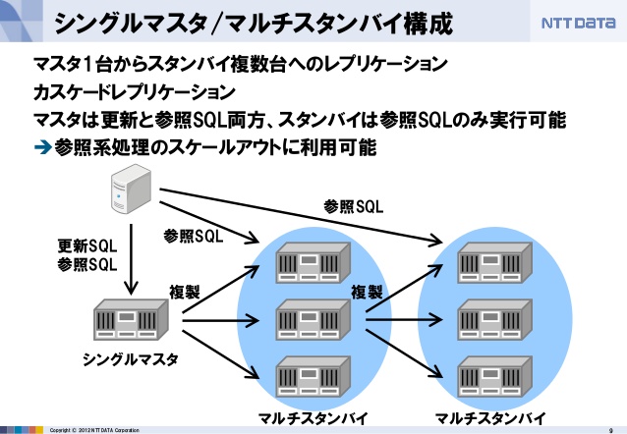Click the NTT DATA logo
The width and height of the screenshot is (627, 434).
[578, 23]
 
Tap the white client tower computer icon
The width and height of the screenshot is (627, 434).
[131, 189]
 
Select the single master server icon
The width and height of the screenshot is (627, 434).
[131, 320]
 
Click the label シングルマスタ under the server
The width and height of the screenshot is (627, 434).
[131, 359]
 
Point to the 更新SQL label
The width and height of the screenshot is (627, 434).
[87, 245]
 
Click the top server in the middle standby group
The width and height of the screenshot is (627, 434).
[313, 263]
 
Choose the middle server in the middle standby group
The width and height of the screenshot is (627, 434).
[313, 320]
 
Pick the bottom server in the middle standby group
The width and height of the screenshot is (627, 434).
[313, 376]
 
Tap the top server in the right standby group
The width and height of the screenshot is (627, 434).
[495, 263]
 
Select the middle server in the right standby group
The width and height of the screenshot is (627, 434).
[495, 320]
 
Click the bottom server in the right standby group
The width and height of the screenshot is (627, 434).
[495, 376]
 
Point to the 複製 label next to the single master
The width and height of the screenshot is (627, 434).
[185, 293]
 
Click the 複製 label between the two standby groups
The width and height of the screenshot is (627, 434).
[367, 293]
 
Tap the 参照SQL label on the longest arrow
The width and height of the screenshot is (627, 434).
[354, 206]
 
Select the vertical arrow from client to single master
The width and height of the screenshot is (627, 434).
[131, 259]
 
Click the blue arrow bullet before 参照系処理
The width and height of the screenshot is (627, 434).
[43, 147]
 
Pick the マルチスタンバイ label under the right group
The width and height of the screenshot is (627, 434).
[490, 418]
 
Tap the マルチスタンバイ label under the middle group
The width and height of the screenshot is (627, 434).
[313, 418]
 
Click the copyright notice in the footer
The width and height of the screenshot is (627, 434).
[94, 430]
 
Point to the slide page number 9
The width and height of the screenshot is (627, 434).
[610, 430]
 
